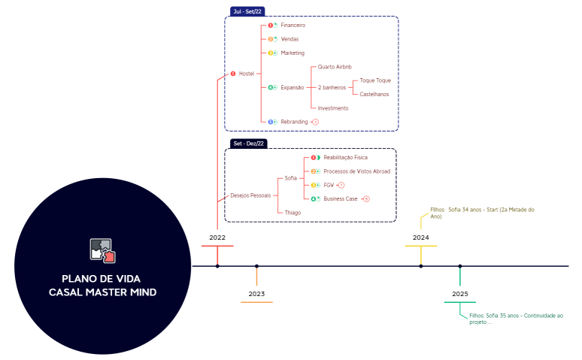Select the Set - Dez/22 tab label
click(x=250, y=143)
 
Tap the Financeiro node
click(x=293, y=26)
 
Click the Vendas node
click(x=290, y=39)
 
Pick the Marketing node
click(x=293, y=53)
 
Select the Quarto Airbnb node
click(x=335, y=67)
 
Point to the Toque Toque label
click(x=375, y=80)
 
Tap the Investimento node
click(x=333, y=108)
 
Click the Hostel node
click(x=246, y=74)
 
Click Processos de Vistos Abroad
click(x=356, y=171)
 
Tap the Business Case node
click(x=340, y=198)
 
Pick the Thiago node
click(x=293, y=213)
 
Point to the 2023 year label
click(x=256, y=294)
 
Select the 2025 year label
click(x=460, y=294)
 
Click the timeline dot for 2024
click(x=421, y=266)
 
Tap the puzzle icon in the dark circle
click(x=102, y=250)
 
